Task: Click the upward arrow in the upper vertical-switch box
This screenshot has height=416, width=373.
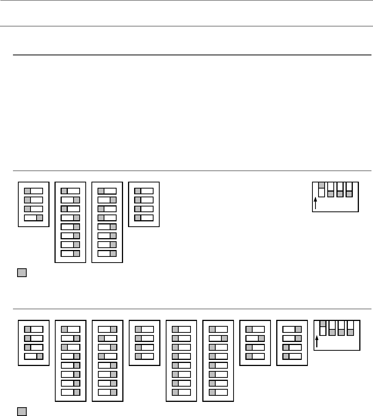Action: [315, 203]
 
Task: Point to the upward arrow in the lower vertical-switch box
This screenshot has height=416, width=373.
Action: [317, 341]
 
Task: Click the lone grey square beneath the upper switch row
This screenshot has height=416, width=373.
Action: [22, 273]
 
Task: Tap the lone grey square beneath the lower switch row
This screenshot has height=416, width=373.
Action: [22, 411]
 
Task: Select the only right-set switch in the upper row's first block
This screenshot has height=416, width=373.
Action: [34, 218]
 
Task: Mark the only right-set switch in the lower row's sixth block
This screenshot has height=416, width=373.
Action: [219, 338]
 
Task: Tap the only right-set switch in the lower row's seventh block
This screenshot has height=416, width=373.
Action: [255, 338]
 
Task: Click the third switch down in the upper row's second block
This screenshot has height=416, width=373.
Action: [70, 209]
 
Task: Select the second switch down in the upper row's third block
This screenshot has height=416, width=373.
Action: [107, 200]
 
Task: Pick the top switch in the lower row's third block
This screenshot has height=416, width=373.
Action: [107, 329]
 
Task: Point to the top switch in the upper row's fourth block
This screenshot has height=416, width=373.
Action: [144, 190]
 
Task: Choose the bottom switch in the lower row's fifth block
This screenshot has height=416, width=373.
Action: [181, 392]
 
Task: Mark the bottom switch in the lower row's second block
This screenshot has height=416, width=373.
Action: [70, 392]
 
